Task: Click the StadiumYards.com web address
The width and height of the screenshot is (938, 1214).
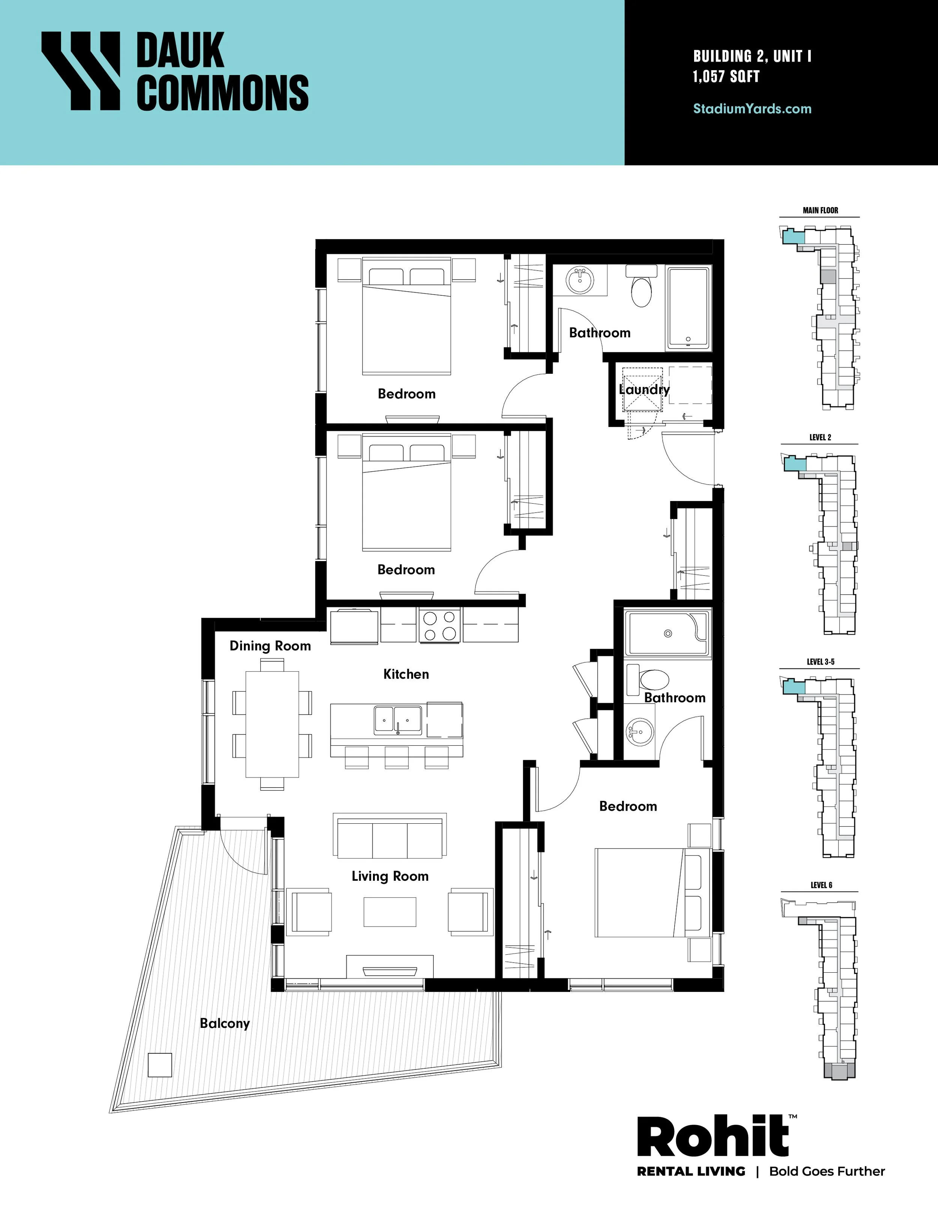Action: pyautogui.click(x=752, y=108)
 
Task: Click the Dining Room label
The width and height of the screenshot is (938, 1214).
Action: pyautogui.click(x=270, y=646)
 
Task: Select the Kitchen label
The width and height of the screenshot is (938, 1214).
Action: pyautogui.click(x=406, y=674)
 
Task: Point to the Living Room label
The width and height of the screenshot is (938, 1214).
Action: pyautogui.click(x=390, y=877)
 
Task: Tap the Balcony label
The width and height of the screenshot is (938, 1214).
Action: pyautogui.click(x=224, y=1023)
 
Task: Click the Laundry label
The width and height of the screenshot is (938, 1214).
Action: pyautogui.click(x=644, y=390)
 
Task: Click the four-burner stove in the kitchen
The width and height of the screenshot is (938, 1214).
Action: pyautogui.click(x=440, y=626)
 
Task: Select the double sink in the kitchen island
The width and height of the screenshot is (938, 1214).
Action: pyautogui.click(x=398, y=720)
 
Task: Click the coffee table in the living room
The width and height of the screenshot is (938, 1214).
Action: pyautogui.click(x=390, y=912)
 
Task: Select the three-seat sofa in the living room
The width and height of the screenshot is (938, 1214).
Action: pyautogui.click(x=389, y=836)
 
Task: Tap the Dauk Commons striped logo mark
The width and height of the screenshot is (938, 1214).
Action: pyautogui.click(x=81, y=71)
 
